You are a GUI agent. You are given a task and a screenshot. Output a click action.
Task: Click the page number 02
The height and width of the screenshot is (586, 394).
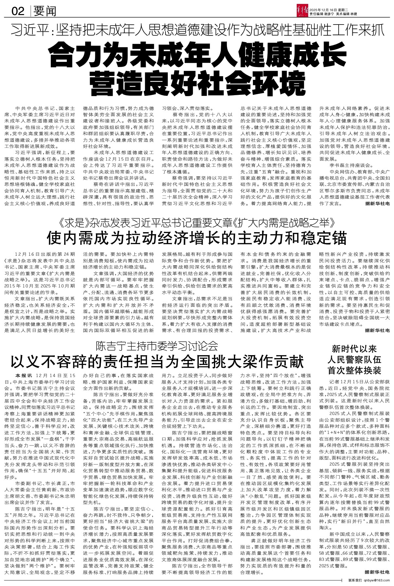point(18,12)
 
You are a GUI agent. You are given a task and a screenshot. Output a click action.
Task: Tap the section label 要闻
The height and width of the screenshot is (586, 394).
point(45,12)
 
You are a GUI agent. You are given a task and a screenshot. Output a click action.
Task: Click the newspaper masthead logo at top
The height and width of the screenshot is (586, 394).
point(301,9)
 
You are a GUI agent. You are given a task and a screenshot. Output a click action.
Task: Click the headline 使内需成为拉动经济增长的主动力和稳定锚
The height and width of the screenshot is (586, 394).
point(197,238)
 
